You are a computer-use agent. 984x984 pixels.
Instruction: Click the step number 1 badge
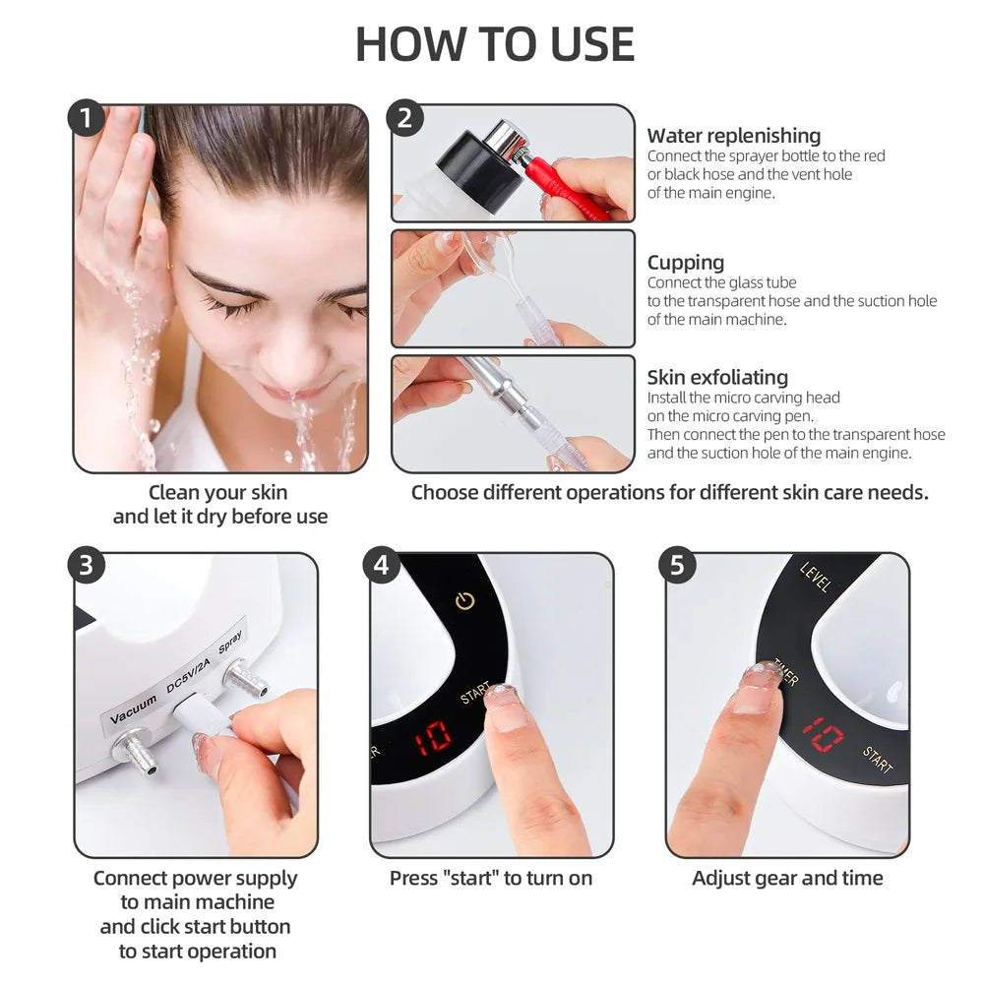coord(87,119)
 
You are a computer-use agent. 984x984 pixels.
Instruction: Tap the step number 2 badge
coord(404,119)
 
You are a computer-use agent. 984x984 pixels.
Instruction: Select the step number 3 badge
coord(87,566)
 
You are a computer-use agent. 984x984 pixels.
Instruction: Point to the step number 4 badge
coord(382,566)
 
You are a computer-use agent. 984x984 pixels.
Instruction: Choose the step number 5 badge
coord(677,566)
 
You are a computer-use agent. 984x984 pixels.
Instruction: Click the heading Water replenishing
coord(733,136)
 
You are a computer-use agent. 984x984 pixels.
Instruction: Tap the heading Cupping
coord(685,263)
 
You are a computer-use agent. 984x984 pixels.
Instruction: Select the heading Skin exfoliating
coord(717,377)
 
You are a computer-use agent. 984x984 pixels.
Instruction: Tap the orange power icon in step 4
coord(464,599)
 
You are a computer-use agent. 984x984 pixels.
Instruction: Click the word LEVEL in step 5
coord(816,578)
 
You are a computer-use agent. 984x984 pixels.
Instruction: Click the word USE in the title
coord(580,44)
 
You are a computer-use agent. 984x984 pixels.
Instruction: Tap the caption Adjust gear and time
coord(787,878)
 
